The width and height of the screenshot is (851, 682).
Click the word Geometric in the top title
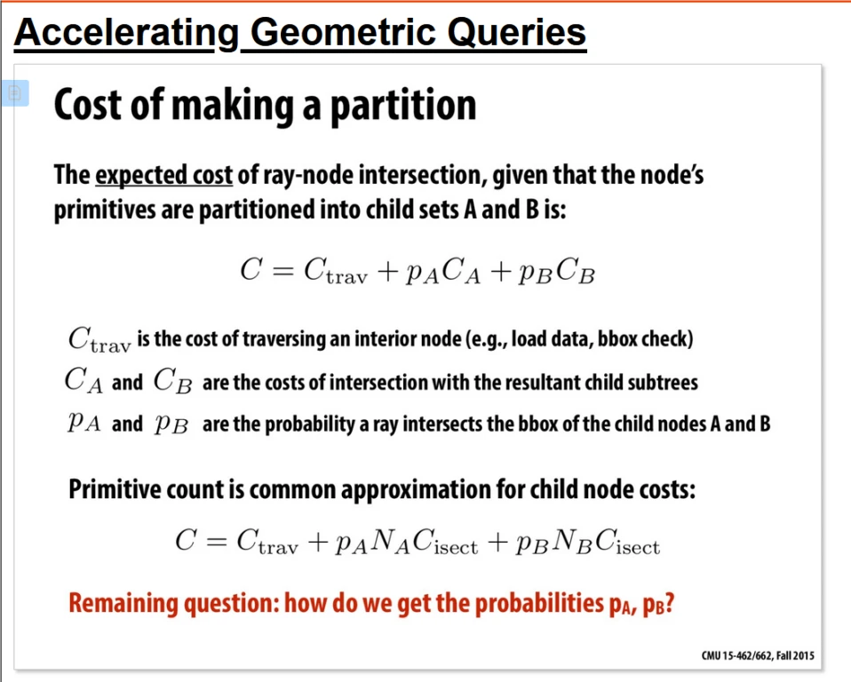344,33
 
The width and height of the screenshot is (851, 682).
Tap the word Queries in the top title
517,34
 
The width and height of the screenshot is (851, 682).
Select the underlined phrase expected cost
164,175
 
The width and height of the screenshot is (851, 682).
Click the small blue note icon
14,93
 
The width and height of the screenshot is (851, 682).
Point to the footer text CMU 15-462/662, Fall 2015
758,655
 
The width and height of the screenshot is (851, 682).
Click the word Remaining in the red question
123,603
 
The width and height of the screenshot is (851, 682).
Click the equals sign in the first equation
282,271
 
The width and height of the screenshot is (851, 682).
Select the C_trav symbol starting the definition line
99,339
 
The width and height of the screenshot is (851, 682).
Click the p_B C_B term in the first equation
557,270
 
